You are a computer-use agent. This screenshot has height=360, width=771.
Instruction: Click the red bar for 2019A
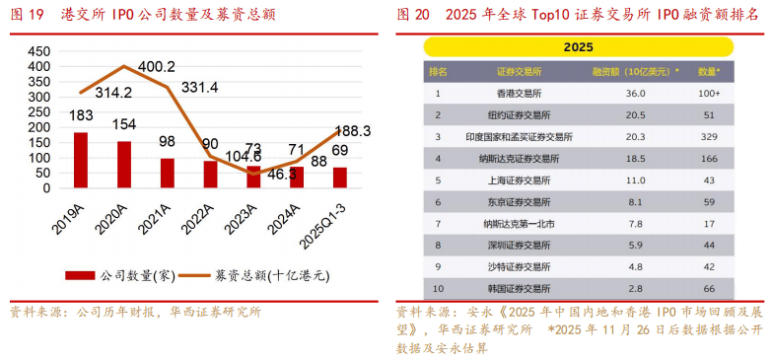coord(81,161)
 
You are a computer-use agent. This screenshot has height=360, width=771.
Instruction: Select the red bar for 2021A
coord(168,174)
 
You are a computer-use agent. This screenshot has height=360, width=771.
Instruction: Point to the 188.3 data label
coord(353,130)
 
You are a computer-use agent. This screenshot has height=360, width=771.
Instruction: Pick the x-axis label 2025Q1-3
coord(324,223)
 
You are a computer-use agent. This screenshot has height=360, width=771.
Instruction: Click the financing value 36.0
coord(635,93)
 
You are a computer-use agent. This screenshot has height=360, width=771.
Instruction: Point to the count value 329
coord(709,136)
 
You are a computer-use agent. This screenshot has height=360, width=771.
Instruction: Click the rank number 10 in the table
coord(438,288)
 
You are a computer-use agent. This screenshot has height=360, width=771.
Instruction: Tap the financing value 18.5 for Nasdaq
coord(635,158)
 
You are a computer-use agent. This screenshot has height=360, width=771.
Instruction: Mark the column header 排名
coord(438,72)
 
